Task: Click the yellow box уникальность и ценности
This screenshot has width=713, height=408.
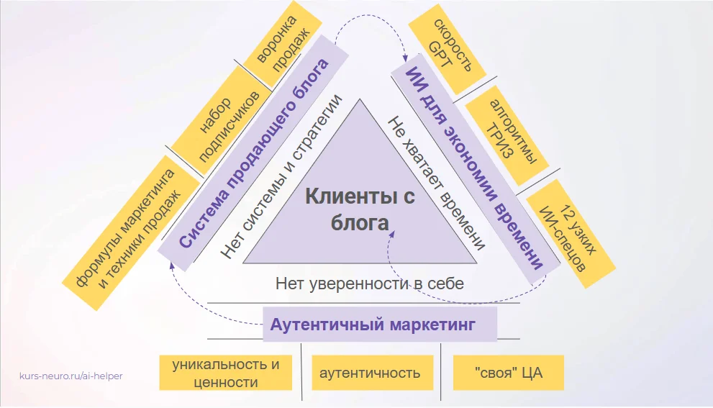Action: pyautogui.click(x=226, y=373)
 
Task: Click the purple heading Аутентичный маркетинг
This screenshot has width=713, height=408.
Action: pyautogui.click(x=373, y=325)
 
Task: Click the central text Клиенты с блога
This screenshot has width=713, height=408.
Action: pyautogui.click(x=359, y=209)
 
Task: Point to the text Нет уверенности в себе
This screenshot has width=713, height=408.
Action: pyautogui.click(x=369, y=283)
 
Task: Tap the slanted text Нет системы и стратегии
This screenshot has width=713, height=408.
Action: pyautogui.click(x=281, y=176)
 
